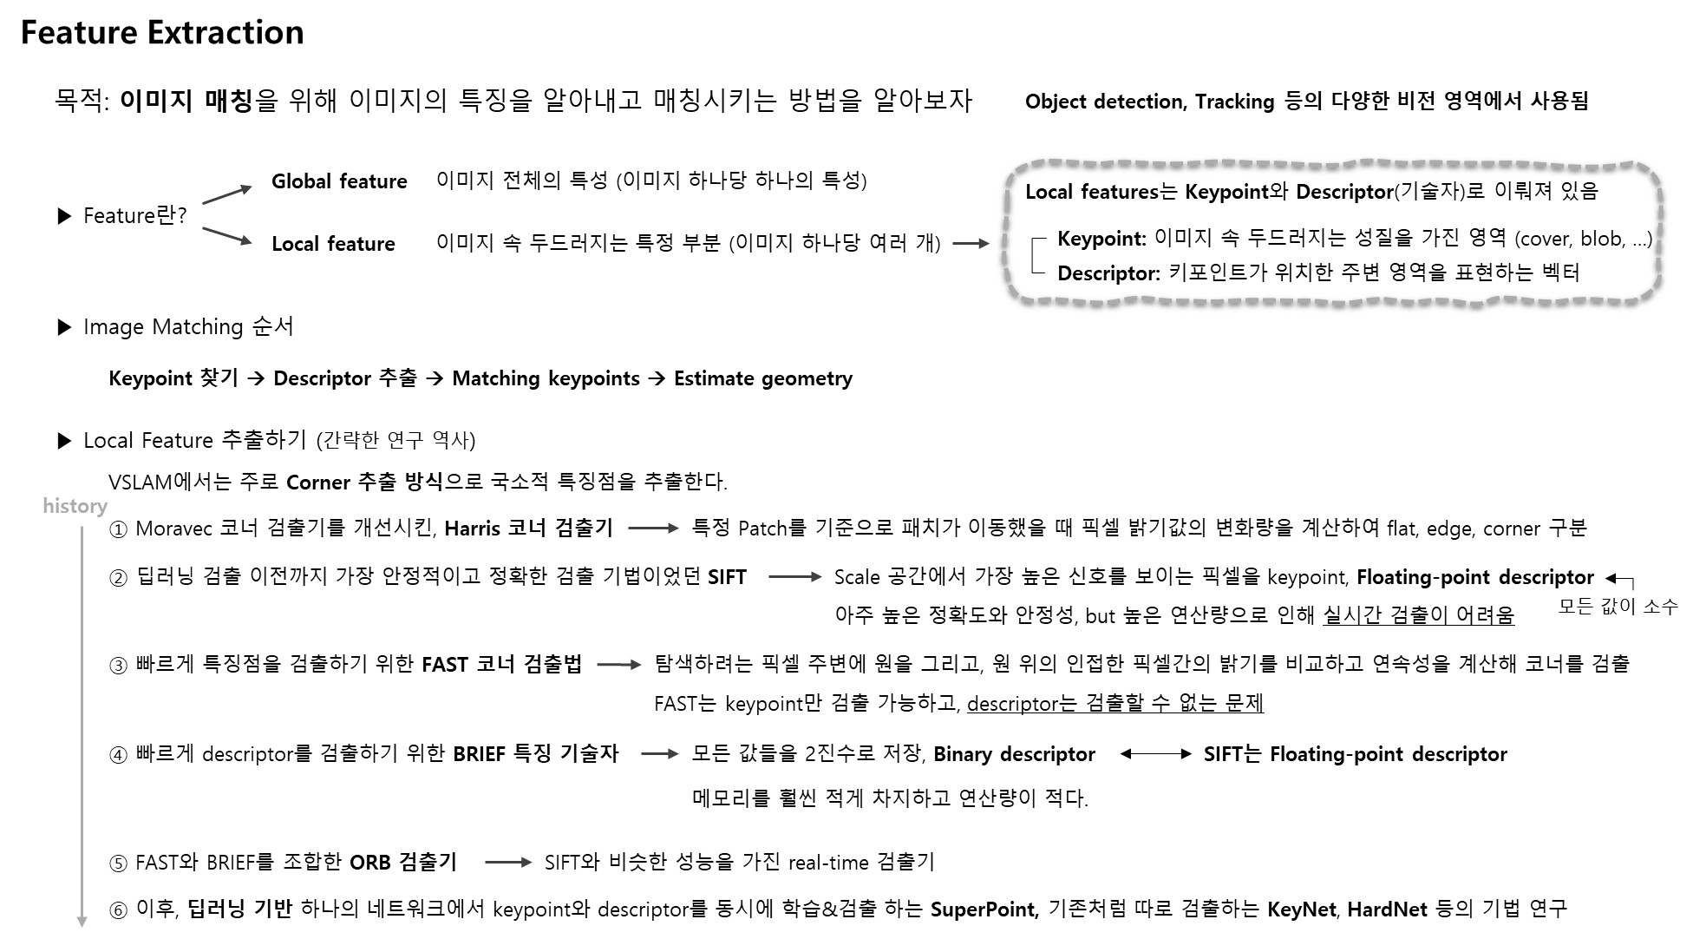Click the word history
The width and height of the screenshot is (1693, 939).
(x=75, y=506)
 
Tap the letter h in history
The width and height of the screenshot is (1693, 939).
(x=47, y=506)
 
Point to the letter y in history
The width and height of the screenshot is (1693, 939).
(x=103, y=508)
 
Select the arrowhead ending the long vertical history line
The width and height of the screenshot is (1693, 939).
(x=82, y=922)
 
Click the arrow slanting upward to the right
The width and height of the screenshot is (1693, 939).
(x=226, y=195)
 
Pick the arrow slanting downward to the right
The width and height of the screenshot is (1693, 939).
(x=226, y=235)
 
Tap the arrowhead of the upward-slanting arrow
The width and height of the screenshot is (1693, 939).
(x=247, y=188)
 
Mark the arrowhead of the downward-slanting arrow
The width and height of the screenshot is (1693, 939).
(x=247, y=241)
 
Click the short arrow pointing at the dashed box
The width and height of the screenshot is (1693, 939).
(x=971, y=244)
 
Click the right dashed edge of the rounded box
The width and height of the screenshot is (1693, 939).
(x=1660, y=231)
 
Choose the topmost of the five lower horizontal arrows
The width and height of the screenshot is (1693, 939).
(x=653, y=528)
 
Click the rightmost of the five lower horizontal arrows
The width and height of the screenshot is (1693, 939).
(x=794, y=576)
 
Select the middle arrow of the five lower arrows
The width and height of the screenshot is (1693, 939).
(x=619, y=665)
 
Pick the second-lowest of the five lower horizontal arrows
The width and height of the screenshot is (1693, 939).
(x=659, y=754)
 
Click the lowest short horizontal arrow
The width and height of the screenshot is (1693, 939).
(x=508, y=862)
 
